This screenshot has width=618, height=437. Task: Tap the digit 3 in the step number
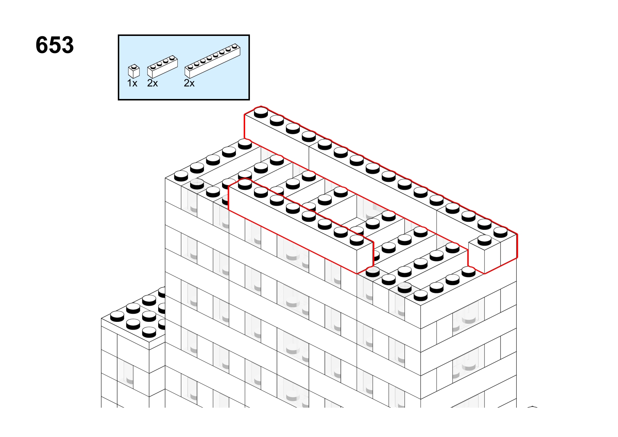tap(67, 45)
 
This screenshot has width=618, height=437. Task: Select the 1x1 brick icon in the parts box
tap(134, 71)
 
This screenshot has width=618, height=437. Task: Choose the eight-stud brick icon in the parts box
tap(212, 60)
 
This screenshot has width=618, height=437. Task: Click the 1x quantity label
tap(132, 83)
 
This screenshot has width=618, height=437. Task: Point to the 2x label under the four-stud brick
tap(153, 83)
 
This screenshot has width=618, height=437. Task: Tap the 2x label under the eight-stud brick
tap(189, 83)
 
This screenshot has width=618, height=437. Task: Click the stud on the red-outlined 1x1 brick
tap(484, 240)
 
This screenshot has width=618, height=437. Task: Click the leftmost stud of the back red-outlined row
tap(261, 113)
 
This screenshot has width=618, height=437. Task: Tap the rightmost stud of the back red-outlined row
tap(501, 232)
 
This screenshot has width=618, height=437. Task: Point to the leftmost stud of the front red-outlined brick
tap(245, 184)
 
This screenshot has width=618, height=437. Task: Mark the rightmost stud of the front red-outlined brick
tap(357, 240)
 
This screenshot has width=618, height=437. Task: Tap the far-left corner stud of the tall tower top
tap(181, 176)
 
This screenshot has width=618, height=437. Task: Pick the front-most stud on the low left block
tap(149, 332)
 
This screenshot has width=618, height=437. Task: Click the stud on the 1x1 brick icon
tap(134, 66)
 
